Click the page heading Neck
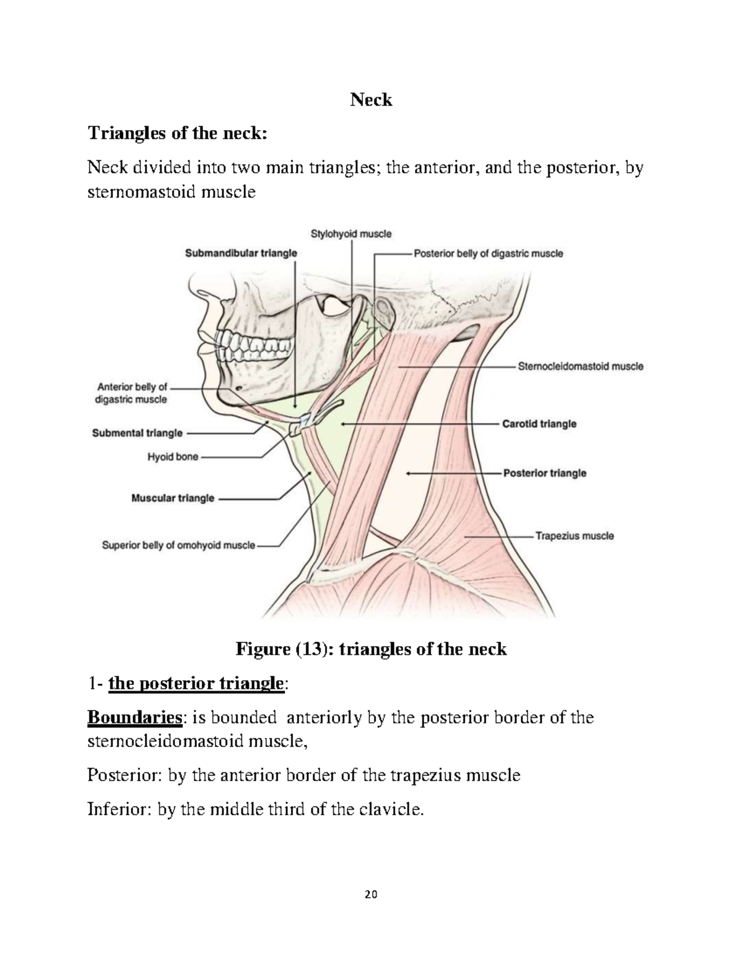(x=371, y=100)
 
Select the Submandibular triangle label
(x=241, y=253)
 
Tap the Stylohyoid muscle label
(x=350, y=234)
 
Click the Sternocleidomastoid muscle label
(x=580, y=366)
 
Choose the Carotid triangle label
(x=539, y=424)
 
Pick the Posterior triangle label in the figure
(x=544, y=473)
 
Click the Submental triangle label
(x=137, y=433)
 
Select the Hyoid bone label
(x=173, y=457)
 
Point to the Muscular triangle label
(x=173, y=497)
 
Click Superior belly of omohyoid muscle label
(x=178, y=546)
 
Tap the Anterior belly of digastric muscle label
(x=131, y=393)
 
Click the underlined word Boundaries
(x=135, y=718)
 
